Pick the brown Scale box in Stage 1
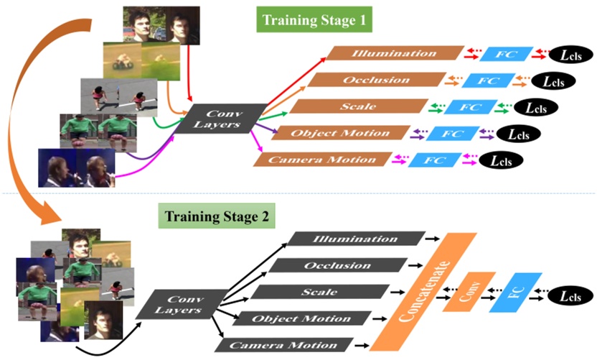click(x=358, y=106)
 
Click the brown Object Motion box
click(x=339, y=133)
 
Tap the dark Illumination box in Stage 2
click(x=356, y=239)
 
